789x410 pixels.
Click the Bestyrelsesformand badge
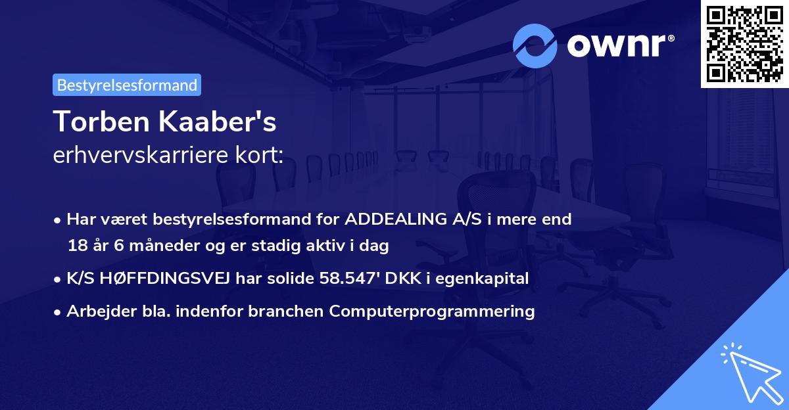click(x=127, y=85)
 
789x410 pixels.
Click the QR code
click(x=744, y=43)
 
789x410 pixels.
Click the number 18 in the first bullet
click(x=77, y=246)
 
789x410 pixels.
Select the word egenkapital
click(x=490, y=279)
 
